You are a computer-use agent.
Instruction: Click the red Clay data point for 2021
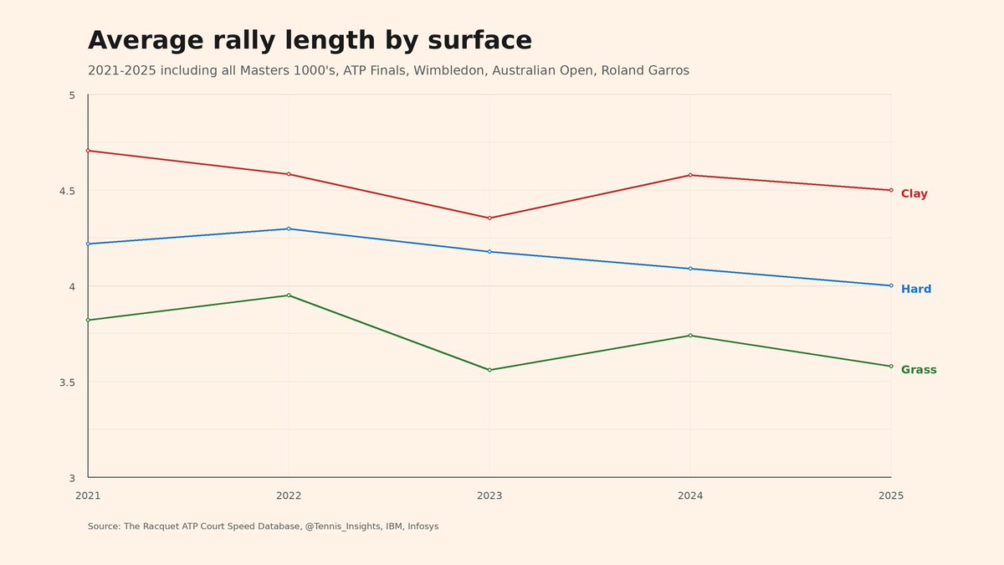pyautogui.click(x=88, y=151)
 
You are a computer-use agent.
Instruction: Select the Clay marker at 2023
pyautogui.click(x=489, y=218)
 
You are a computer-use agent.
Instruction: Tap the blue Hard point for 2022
pyautogui.click(x=289, y=229)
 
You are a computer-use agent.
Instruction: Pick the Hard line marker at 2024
pyautogui.click(x=690, y=269)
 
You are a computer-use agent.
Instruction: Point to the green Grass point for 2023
pyautogui.click(x=489, y=370)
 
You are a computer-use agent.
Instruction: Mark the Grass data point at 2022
pyautogui.click(x=289, y=295)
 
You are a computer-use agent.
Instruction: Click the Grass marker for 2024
pyautogui.click(x=690, y=336)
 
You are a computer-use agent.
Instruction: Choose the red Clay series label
pyautogui.click(x=914, y=194)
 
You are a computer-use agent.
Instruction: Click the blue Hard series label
pyautogui.click(x=915, y=290)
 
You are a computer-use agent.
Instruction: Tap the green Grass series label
pyautogui.click(x=919, y=370)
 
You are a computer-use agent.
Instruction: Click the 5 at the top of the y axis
pyautogui.click(x=72, y=95)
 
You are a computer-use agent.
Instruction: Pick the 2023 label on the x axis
pyautogui.click(x=489, y=496)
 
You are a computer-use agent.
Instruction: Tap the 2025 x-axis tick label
pyautogui.click(x=891, y=496)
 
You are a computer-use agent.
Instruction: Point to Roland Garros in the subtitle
pyautogui.click(x=645, y=71)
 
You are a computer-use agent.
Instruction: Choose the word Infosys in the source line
pyautogui.click(x=423, y=526)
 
